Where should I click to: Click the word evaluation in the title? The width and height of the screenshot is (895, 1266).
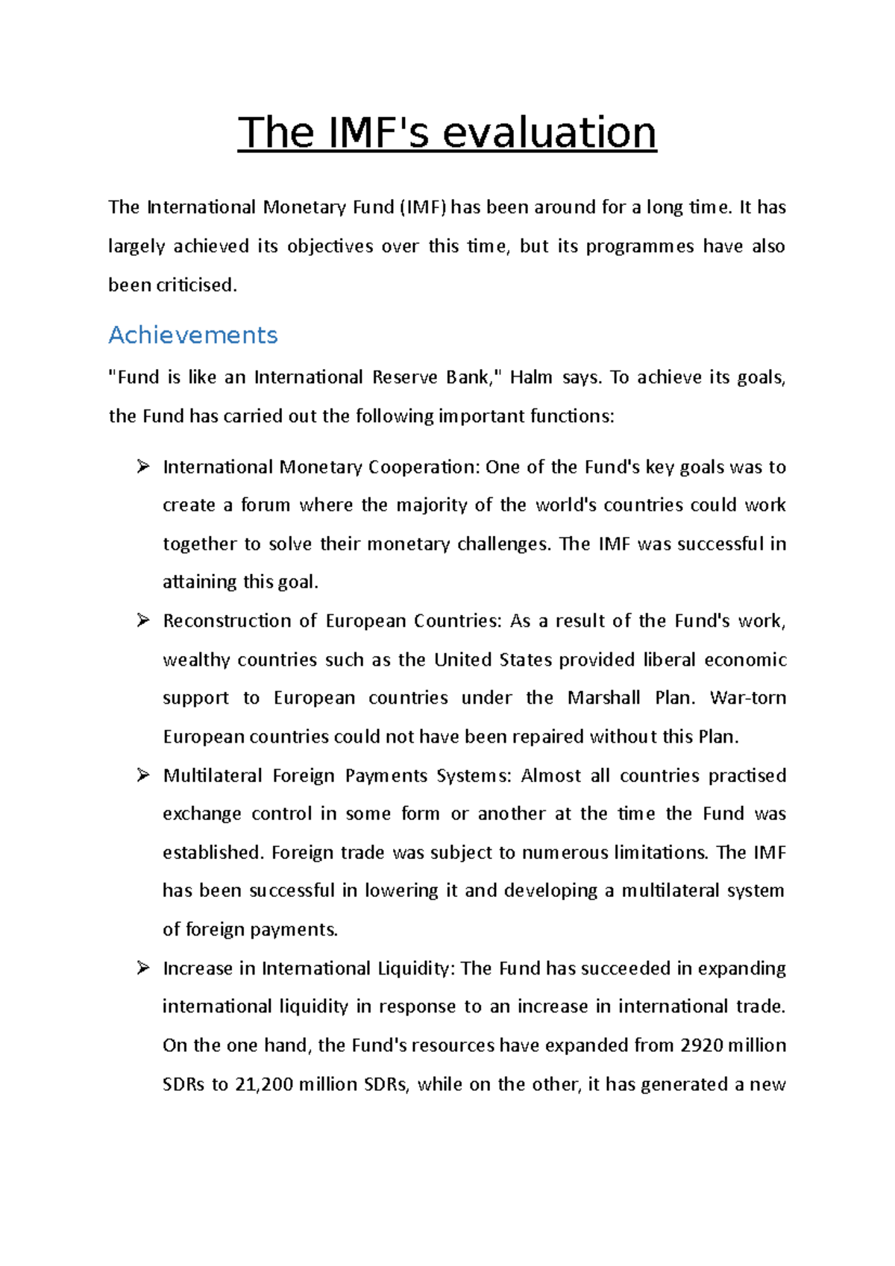pos(549,133)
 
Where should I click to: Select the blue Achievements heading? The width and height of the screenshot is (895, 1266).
pos(192,335)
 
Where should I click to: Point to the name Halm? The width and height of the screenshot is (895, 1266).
pos(531,377)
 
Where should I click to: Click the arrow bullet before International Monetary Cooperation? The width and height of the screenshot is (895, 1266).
pos(143,467)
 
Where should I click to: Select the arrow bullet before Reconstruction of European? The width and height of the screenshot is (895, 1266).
pos(143,620)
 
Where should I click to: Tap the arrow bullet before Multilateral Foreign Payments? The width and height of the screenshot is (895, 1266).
pos(143,775)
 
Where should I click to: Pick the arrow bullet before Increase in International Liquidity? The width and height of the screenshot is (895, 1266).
pos(143,968)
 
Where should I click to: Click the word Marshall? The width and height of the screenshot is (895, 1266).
pos(603,698)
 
